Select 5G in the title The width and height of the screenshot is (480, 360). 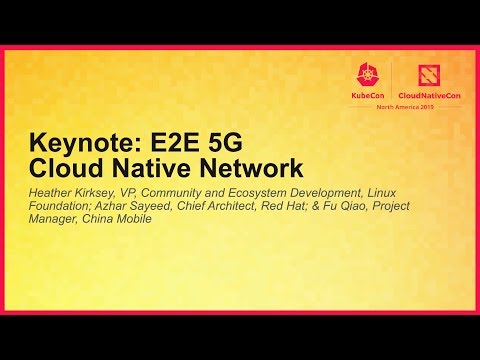pos(233,143)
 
